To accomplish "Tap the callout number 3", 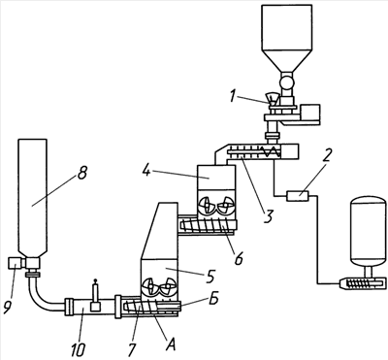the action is [268, 216].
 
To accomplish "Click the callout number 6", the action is [239, 258].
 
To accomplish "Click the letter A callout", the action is [170, 345].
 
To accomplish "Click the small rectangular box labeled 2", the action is [298, 196].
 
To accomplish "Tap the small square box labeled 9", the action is [15, 262].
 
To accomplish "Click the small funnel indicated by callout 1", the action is [272, 99].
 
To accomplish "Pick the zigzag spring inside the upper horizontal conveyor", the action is [271, 151].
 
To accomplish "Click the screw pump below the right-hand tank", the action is [363, 284].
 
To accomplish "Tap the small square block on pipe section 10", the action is [95, 307].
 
